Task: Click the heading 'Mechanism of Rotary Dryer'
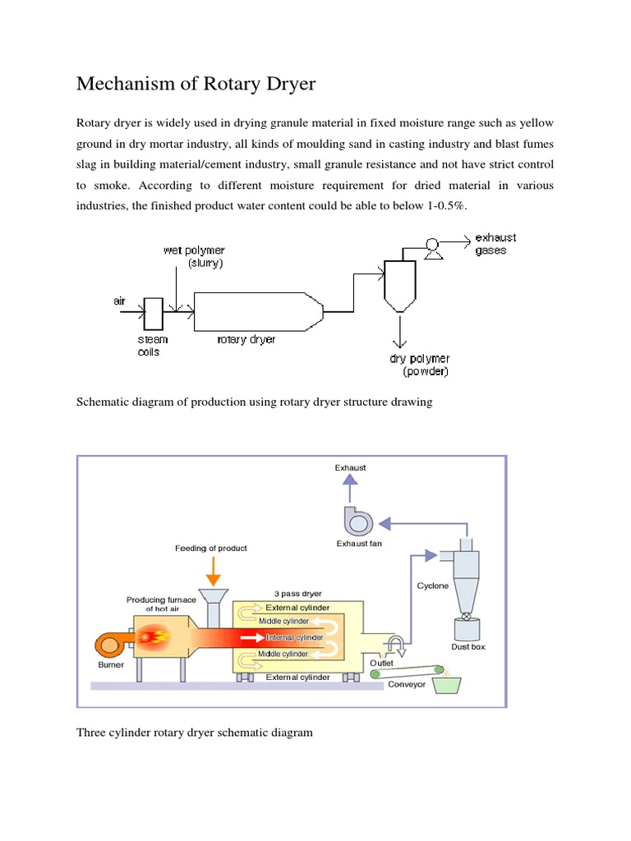click(x=196, y=84)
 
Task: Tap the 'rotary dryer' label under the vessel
click(x=246, y=339)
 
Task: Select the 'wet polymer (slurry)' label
click(x=194, y=256)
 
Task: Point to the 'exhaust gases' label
click(x=495, y=244)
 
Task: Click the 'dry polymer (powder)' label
click(x=419, y=365)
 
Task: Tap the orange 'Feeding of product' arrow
click(x=211, y=569)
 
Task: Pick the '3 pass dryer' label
click(x=297, y=593)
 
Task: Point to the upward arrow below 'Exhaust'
click(x=350, y=490)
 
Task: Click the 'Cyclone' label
click(x=432, y=586)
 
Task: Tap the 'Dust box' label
click(x=469, y=647)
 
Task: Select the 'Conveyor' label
click(x=407, y=684)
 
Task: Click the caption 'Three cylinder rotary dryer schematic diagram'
click(x=195, y=732)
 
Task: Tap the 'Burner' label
click(x=111, y=664)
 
